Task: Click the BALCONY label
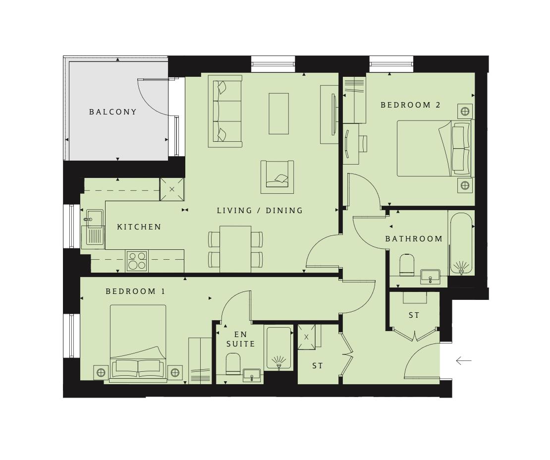coord(113,112)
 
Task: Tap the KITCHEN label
coord(139,227)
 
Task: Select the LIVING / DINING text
coord(260,211)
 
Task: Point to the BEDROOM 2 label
coord(410,105)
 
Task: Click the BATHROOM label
coord(414,239)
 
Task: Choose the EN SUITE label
coord(241,340)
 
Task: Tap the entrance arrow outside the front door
coord(463,361)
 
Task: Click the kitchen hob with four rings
coord(137,261)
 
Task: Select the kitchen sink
coord(93,228)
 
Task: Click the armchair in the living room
coord(277,177)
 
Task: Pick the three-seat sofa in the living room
coord(225,111)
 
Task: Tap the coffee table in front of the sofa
coord(278,114)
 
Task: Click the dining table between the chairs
coord(235,249)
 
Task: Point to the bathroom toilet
coord(407,265)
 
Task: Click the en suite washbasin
coord(252,375)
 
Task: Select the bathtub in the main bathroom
coord(461,243)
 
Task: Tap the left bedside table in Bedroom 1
coord(101,372)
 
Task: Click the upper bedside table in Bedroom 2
coord(465,111)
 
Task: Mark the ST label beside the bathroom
coord(414,315)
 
